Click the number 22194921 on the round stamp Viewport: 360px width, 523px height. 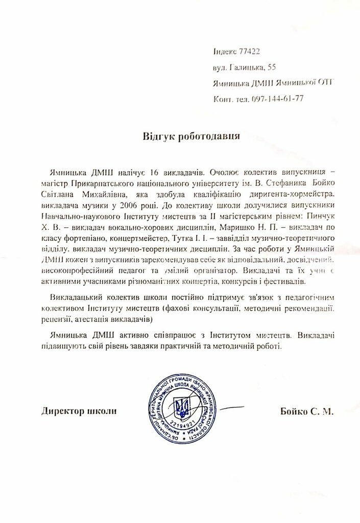click(x=179, y=425)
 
